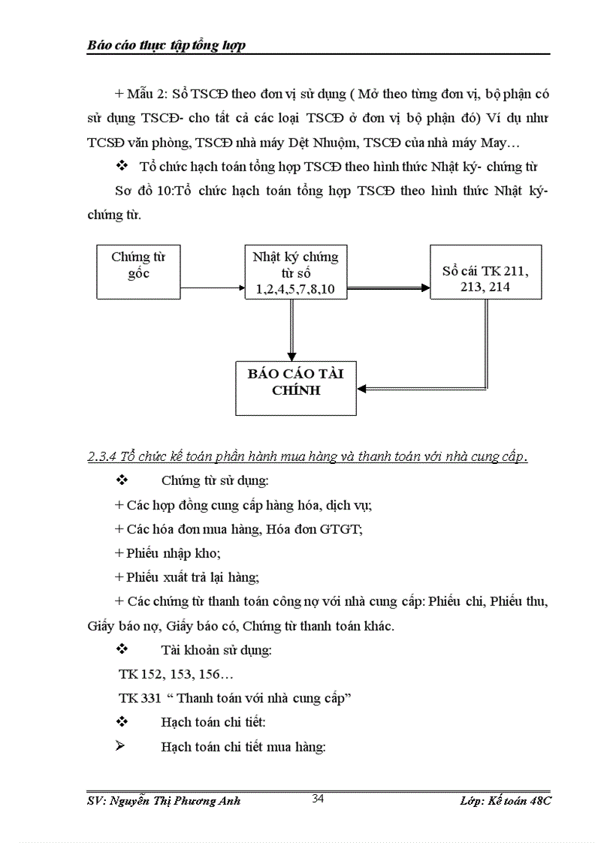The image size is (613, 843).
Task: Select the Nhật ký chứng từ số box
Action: [x=295, y=272]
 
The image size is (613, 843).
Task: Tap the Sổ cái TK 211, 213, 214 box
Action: [x=485, y=272]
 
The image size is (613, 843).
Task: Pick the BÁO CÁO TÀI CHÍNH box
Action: [x=295, y=387]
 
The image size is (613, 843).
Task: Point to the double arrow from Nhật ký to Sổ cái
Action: [x=388, y=288]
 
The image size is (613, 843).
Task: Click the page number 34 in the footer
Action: [x=318, y=799]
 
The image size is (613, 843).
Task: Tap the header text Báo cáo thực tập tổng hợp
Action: [x=167, y=46]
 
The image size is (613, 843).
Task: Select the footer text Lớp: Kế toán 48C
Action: [x=506, y=801]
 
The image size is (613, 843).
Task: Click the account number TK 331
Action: [x=140, y=697]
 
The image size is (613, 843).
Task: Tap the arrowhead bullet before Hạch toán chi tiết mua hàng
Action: [x=121, y=746]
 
